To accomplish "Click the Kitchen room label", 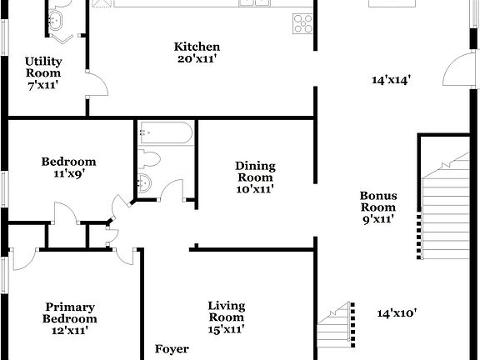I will click(x=197, y=47).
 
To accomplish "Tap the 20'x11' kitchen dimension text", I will click(x=197, y=58).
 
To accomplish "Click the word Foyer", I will click(x=172, y=349).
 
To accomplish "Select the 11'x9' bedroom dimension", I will click(x=70, y=174).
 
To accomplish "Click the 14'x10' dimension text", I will click(x=397, y=313).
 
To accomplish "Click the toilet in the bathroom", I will click(x=152, y=158).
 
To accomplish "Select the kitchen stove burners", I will click(x=302, y=22).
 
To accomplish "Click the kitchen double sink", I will click(x=254, y=4).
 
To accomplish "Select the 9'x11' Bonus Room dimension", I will click(x=378, y=219).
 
